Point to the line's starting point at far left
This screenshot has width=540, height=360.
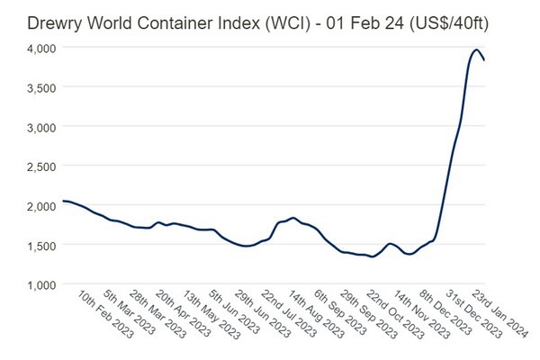(61, 201)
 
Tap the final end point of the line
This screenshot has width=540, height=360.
(486, 59)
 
